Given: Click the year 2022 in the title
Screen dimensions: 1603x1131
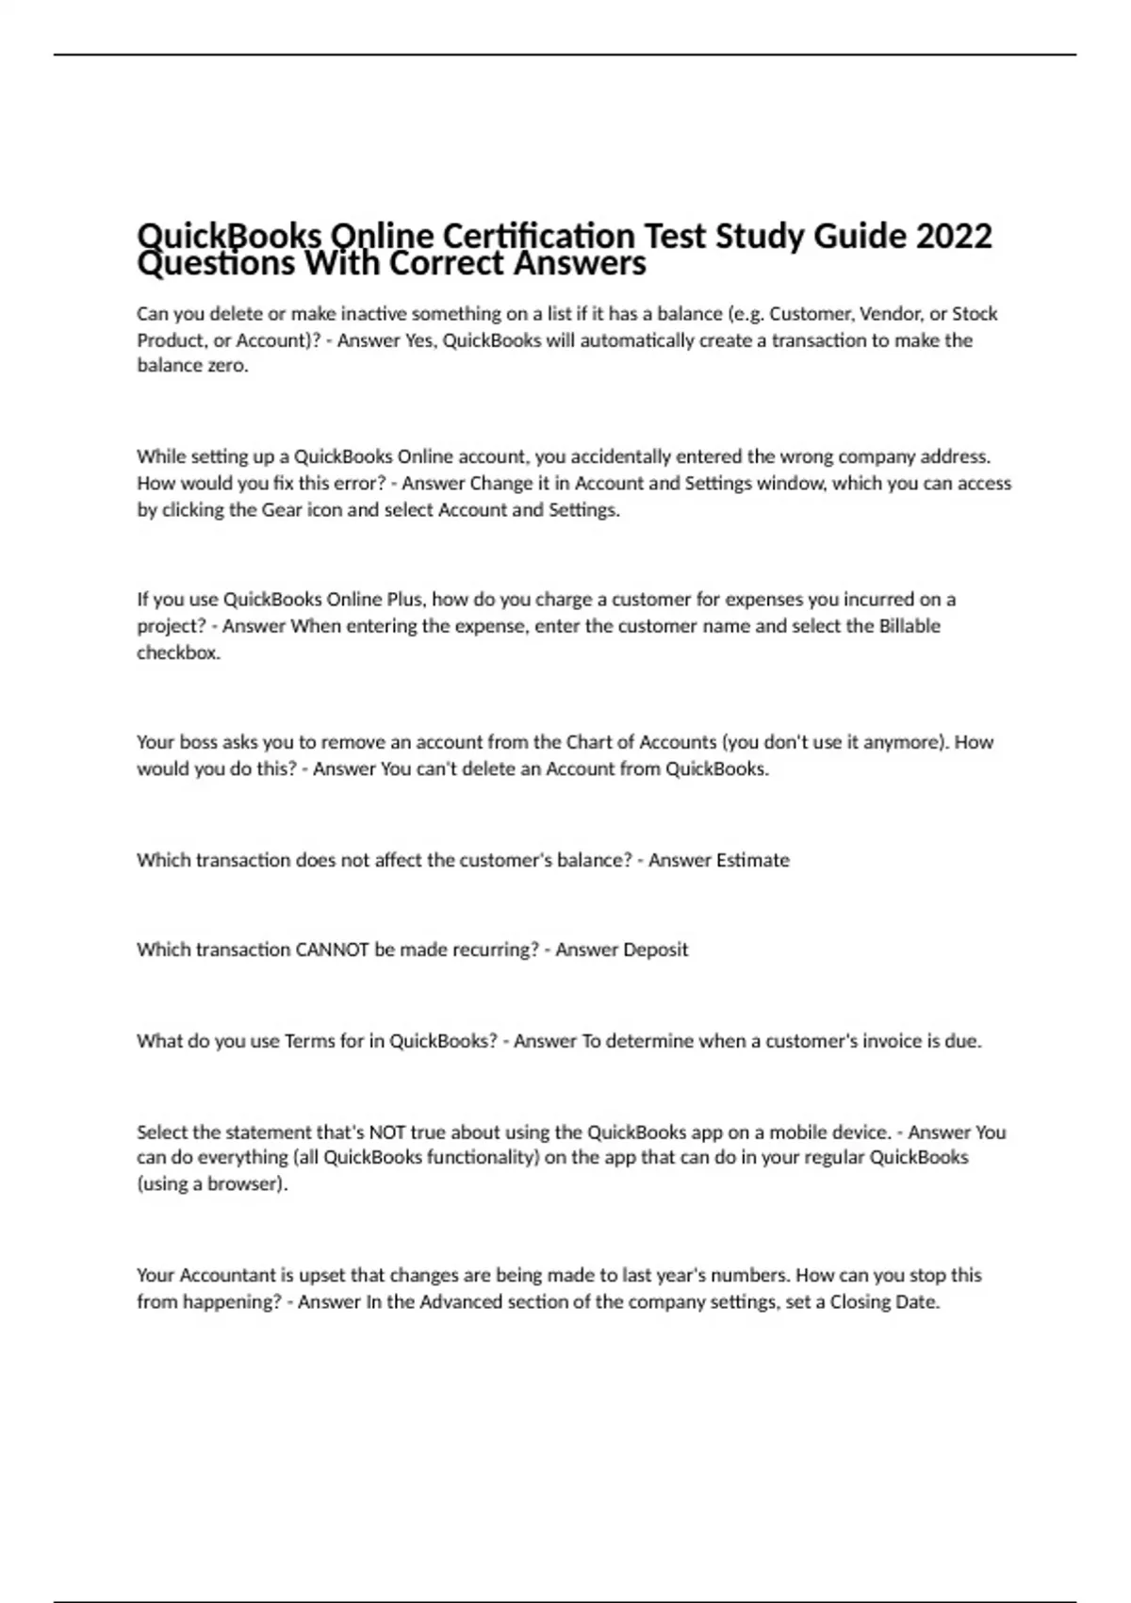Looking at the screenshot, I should [954, 235].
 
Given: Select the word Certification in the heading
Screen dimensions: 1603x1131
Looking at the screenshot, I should [539, 235].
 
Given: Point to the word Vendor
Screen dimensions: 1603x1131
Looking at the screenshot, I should [890, 314].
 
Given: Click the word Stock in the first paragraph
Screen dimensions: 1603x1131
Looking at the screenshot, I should [975, 314].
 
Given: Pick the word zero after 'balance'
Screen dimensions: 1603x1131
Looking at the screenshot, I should [228, 366].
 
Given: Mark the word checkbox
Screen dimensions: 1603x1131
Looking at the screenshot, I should [178, 653].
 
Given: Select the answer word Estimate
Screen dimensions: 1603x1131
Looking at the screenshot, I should [753, 860].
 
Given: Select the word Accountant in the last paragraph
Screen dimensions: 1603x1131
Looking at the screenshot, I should [227, 1275].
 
